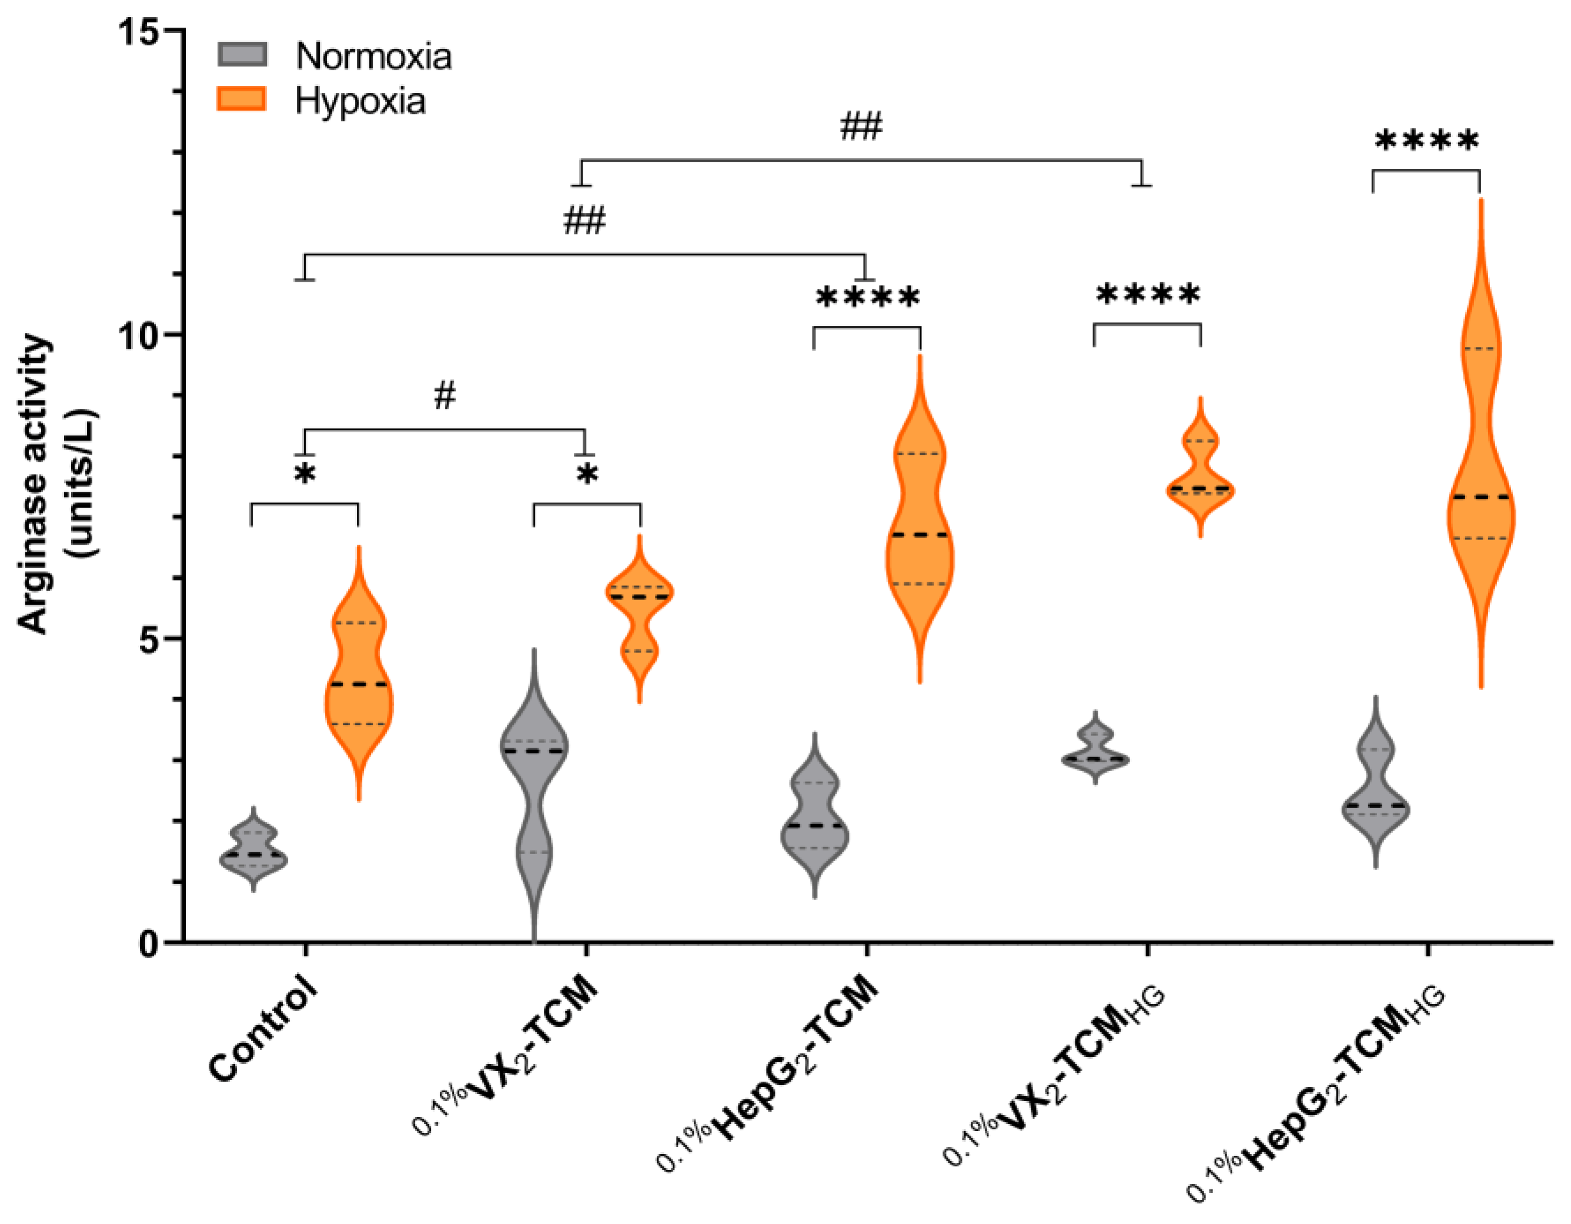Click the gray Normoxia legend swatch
tap(242, 55)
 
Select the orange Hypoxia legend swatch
tap(242, 99)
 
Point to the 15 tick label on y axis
tap(138, 32)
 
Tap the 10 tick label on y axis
tap(138, 335)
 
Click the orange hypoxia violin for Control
tap(359, 676)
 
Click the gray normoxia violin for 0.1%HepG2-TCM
tap(814, 821)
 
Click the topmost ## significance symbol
tap(861, 126)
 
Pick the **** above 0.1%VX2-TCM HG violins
tap(1147, 294)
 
